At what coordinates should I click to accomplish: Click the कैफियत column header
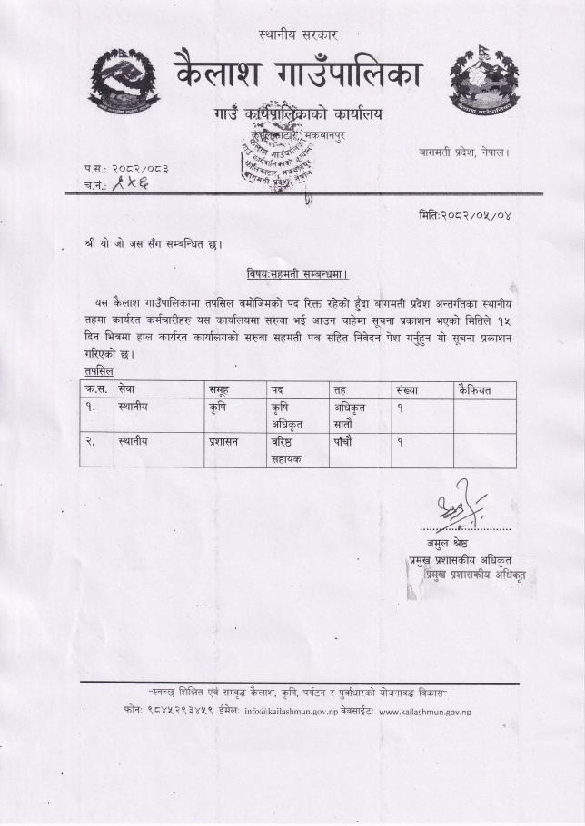(x=476, y=389)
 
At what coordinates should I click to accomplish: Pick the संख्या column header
(x=405, y=389)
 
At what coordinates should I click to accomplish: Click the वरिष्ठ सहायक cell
(x=288, y=450)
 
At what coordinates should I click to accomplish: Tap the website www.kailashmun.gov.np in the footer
(x=424, y=712)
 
